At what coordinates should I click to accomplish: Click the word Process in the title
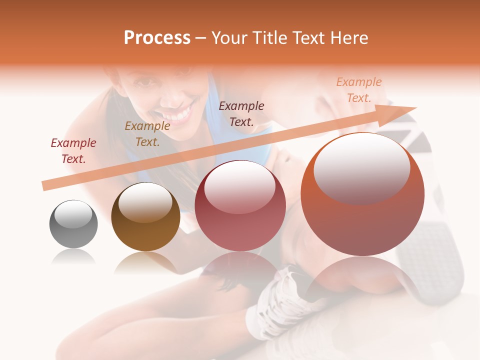tap(157, 38)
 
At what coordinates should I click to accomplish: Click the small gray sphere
tap(73, 224)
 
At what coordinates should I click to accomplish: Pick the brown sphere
tap(145, 216)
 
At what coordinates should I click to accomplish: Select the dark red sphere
tap(240, 206)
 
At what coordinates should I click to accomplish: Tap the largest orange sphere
tap(362, 194)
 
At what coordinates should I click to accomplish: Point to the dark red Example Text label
tap(73, 150)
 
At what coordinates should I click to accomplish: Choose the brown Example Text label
tap(147, 133)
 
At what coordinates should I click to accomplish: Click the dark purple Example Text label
tap(241, 113)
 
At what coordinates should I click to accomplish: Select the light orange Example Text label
tap(359, 89)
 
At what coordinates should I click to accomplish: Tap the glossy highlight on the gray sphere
tap(73, 213)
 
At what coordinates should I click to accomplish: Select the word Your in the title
tap(229, 38)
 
